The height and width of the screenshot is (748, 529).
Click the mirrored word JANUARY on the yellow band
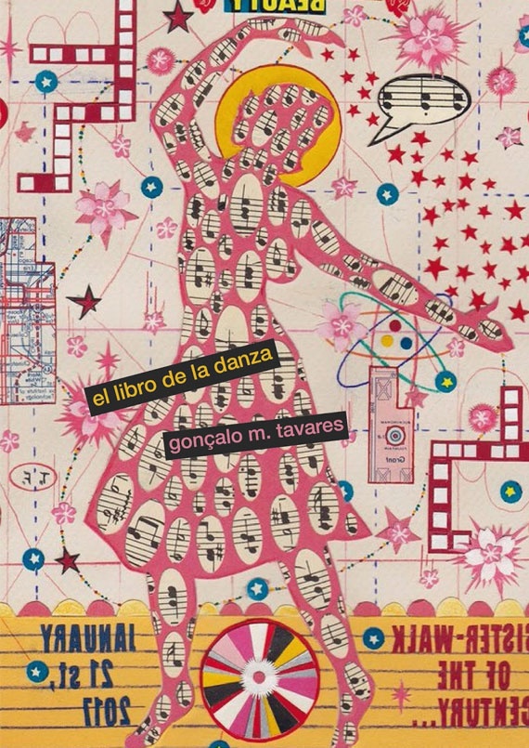click(x=88, y=636)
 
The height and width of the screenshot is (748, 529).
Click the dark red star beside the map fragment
click(x=87, y=300)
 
